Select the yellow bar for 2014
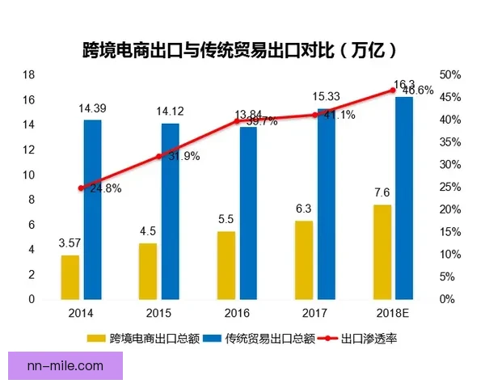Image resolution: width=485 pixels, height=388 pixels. [x=70, y=276]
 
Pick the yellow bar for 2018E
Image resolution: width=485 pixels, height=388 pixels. [x=382, y=251]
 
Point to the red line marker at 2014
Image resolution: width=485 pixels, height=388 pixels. [x=81, y=188]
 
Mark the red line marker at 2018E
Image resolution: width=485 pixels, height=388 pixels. [x=394, y=90]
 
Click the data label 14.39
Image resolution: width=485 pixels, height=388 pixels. [x=91, y=108]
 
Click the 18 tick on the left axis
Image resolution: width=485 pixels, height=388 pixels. [x=28, y=74]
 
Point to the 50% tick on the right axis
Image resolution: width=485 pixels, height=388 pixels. [x=450, y=74]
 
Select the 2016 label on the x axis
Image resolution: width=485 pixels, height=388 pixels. [x=238, y=312]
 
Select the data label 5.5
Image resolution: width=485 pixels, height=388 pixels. [x=226, y=219]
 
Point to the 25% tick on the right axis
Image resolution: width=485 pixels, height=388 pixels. [x=450, y=187]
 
